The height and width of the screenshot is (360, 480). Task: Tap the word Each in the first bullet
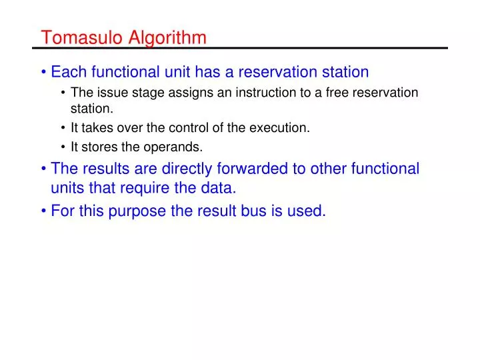point(67,71)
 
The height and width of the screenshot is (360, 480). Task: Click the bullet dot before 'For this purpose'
point(43,212)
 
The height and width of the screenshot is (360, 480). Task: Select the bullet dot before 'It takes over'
point(63,129)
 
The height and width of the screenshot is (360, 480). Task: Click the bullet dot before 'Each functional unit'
point(43,72)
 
